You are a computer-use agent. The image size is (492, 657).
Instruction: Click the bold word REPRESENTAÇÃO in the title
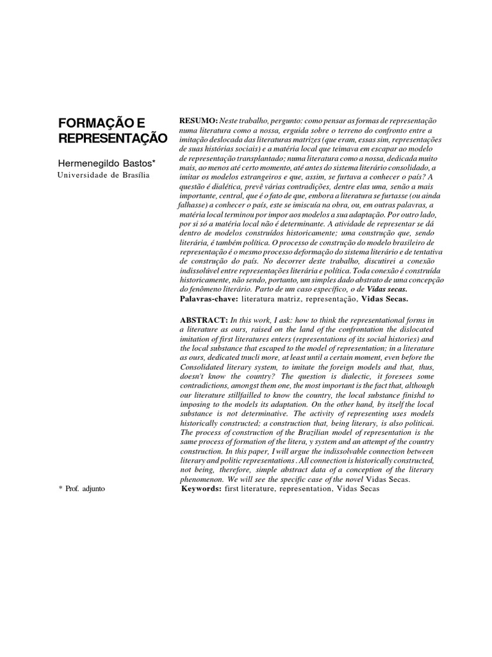[112, 139]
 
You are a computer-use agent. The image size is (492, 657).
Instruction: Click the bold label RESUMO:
[199, 121]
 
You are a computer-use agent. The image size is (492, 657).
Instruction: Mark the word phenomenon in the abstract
[204, 479]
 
